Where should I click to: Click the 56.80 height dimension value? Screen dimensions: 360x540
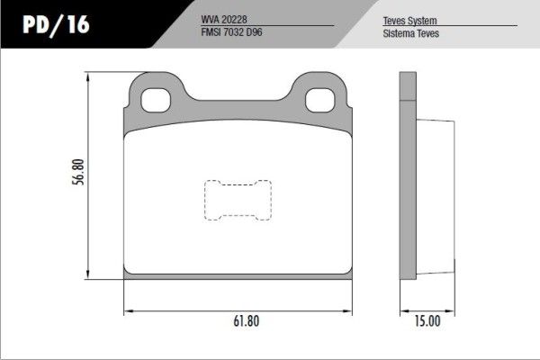tap(79, 173)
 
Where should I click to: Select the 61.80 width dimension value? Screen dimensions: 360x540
tap(238, 319)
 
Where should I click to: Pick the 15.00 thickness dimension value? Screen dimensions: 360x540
tap(427, 319)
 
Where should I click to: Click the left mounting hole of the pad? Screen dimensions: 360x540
tap(160, 101)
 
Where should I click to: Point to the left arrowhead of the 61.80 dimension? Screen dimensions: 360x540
tap(125, 310)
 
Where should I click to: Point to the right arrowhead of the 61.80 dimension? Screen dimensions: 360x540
tap(349, 310)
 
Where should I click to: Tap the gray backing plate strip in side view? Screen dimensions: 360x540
tap(407, 180)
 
